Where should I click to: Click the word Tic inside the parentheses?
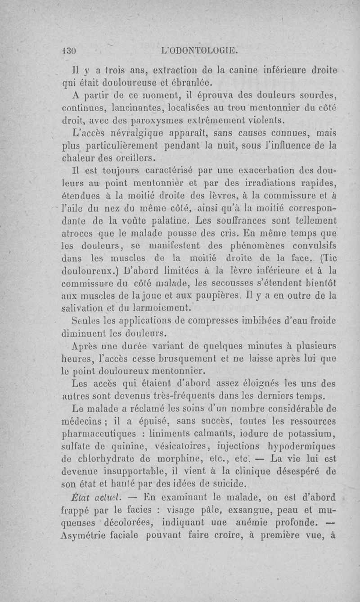click(x=331, y=258)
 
